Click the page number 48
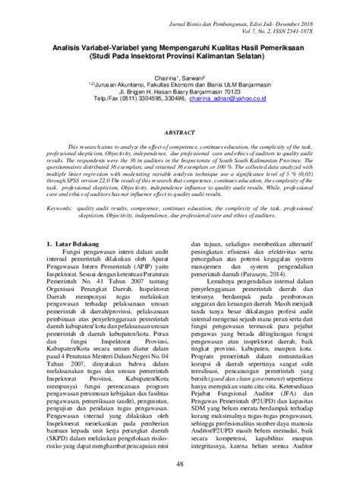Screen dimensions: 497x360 pyautogui.click(x=180, y=464)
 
